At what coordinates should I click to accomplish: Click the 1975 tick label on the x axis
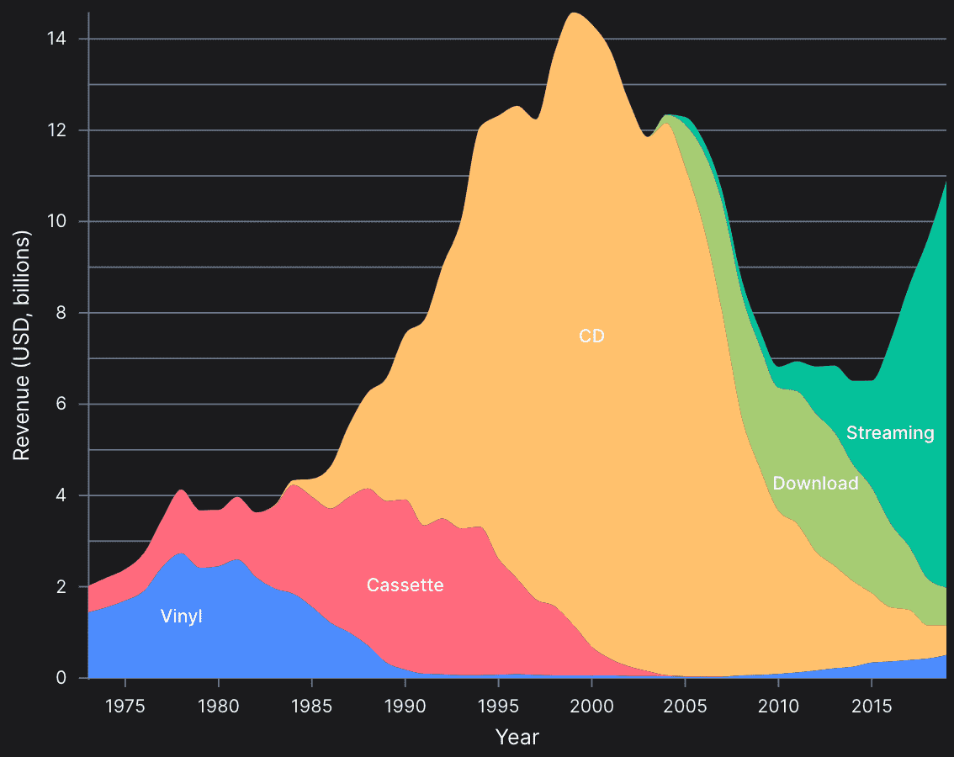tap(125, 703)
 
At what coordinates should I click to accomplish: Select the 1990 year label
tap(405, 703)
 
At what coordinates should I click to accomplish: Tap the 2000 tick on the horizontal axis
tap(592, 703)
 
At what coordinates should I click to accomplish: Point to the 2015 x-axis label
tap(872, 703)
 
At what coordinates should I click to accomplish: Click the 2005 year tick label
tap(686, 703)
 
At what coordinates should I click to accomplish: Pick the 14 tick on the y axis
tap(65, 39)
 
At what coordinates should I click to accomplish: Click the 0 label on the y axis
tap(72, 678)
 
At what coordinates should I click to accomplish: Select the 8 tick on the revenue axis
tap(72, 313)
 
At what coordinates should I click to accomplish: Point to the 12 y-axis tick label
tap(65, 130)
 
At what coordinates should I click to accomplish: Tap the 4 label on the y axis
tap(72, 495)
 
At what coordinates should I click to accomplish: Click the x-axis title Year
tap(517, 738)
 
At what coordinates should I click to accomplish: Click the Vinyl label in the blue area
tap(182, 617)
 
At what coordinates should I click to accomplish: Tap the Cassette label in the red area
tap(405, 585)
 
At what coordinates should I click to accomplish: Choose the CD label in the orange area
tap(591, 336)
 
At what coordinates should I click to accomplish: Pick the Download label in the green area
tap(815, 483)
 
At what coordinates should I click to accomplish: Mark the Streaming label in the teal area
tap(890, 432)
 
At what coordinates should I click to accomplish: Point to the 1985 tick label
tap(312, 703)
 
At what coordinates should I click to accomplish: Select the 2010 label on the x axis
tap(778, 703)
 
